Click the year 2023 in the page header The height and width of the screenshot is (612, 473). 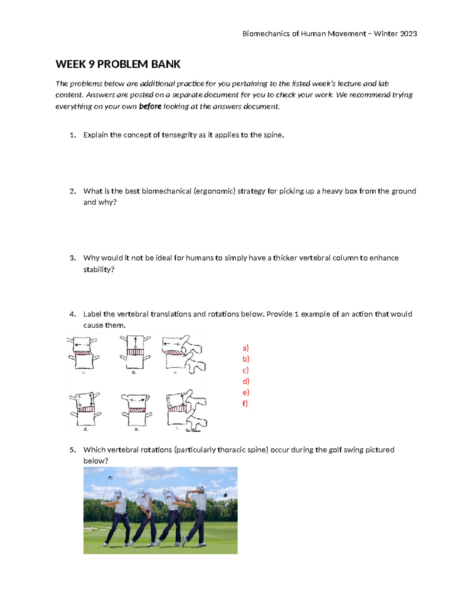tap(408, 33)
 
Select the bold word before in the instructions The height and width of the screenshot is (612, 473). tap(150, 106)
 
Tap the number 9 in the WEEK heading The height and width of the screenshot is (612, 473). tap(91, 64)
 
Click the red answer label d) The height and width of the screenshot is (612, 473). tap(246, 381)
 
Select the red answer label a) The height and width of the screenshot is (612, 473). tap(246, 348)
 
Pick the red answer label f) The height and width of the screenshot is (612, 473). tap(245, 403)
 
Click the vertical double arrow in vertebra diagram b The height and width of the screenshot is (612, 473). tap(135, 342)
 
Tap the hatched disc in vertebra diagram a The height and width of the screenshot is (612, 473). tap(83, 353)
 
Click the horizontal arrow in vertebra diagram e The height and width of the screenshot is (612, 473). tap(137, 400)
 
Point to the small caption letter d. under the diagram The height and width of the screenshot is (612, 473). tap(86, 429)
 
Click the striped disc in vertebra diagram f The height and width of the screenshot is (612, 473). tap(177, 409)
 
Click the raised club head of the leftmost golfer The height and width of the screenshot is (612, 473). tap(111, 478)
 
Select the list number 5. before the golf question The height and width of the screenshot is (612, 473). tap(73, 450)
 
